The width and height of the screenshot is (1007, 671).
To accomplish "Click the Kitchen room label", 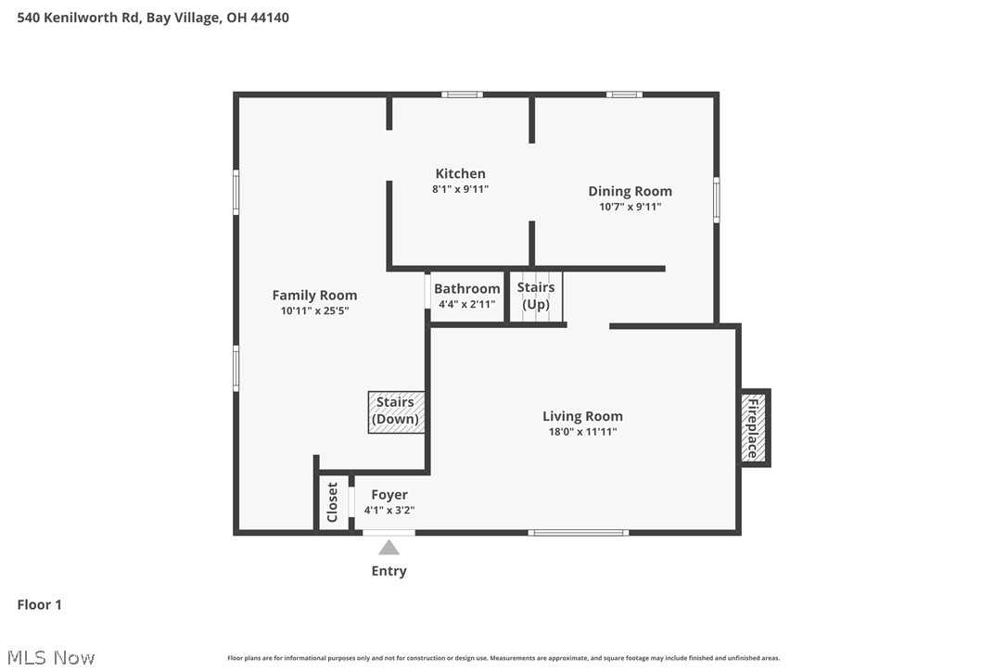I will pyautogui.click(x=460, y=173).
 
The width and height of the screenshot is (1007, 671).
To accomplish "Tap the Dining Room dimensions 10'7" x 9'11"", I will pyautogui.click(x=630, y=207).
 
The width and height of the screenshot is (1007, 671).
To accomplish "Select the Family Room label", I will pyautogui.click(x=314, y=295).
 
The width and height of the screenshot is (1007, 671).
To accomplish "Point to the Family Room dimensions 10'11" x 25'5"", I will pyautogui.click(x=314, y=311).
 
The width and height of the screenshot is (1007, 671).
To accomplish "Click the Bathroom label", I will pyautogui.click(x=466, y=288).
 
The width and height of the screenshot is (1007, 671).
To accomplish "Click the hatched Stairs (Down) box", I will pyautogui.click(x=396, y=411).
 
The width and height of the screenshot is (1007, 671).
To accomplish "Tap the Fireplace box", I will pyautogui.click(x=753, y=427).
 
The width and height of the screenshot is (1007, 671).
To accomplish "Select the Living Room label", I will pyautogui.click(x=582, y=416).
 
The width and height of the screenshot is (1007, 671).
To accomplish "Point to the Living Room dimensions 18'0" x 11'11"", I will pyautogui.click(x=582, y=432).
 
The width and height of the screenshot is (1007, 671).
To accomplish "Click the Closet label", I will pyautogui.click(x=333, y=502).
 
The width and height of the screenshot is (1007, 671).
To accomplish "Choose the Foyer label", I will pyautogui.click(x=389, y=495).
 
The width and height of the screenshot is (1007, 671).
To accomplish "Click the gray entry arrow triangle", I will pyautogui.click(x=389, y=548).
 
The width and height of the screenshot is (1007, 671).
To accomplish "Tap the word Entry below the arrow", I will pyautogui.click(x=389, y=571).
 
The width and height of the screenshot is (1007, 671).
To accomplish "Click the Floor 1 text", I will pyautogui.click(x=40, y=605).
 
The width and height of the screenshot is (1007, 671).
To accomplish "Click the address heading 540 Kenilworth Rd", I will pyautogui.click(x=153, y=17).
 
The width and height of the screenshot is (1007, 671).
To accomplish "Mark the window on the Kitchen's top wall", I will pyautogui.click(x=461, y=94).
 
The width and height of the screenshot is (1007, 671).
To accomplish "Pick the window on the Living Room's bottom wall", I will pyautogui.click(x=578, y=532).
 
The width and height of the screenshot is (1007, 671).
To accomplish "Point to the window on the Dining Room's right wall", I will pyautogui.click(x=716, y=199).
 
